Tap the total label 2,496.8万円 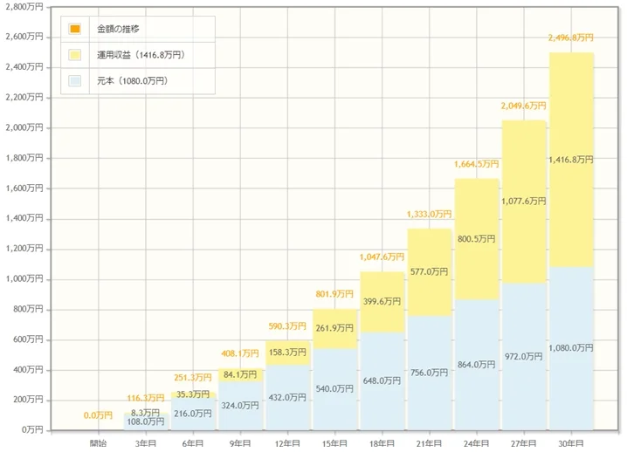click(x=571, y=38)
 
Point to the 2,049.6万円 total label click(x=524, y=106)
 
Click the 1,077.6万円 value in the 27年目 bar click(x=524, y=201)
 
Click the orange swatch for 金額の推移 click(x=75, y=30)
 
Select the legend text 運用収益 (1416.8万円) click(x=141, y=55)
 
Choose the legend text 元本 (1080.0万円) click(x=132, y=81)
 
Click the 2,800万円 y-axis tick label click(x=24, y=7)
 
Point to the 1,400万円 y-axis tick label click(x=24, y=219)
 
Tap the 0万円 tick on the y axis click(x=31, y=430)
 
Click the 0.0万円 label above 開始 click(x=99, y=415)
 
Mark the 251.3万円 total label click(x=194, y=378)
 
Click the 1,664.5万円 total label click(x=477, y=164)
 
